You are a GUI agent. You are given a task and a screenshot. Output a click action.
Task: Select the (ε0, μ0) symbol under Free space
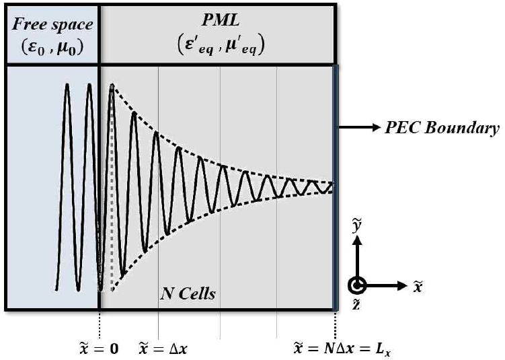point(50,48)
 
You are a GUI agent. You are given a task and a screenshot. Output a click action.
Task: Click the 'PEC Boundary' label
point(441,128)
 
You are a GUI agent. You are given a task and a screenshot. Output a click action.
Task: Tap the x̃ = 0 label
point(100,349)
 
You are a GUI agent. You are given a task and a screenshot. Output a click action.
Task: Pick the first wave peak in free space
point(67,85)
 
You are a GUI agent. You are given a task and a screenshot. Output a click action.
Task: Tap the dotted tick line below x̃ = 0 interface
point(100,323)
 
